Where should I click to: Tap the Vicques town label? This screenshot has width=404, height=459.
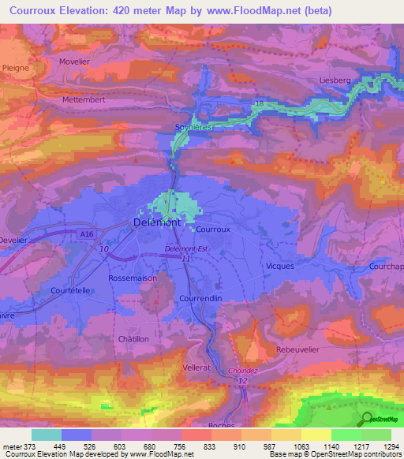tap(280, 266)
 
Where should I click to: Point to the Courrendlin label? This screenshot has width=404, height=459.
tap(204, 300)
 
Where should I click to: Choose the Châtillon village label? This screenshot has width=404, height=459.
tap(133, 338)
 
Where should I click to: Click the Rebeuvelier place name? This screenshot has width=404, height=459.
tap(297, 349)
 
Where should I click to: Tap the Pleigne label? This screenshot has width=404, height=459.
tap(16, 69)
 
